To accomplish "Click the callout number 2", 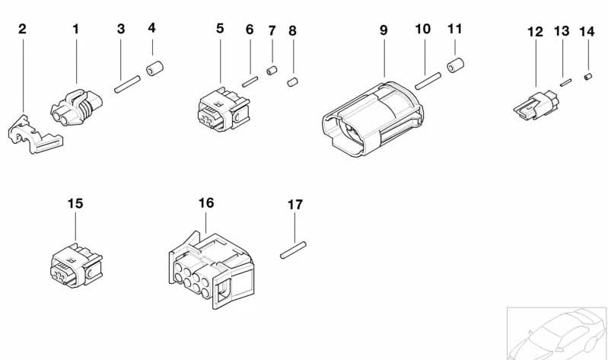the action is [23, 29].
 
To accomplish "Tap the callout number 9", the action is [384, 30].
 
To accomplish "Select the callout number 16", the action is [206, 203].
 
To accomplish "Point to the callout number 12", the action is [535, 32].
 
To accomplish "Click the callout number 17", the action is [294, 205].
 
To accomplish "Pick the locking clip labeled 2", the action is [35, 134].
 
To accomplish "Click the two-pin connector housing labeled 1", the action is [76, 107].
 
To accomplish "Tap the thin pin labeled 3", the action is [127, 84].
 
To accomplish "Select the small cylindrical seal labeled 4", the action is [154, 68].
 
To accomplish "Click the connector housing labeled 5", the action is [224, 110].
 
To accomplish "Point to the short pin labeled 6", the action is [250, 82].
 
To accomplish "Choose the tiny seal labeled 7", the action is [272, 71].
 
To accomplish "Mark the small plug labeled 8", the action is [292, 82].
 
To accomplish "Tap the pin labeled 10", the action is [428, 81].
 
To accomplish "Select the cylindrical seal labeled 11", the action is [456, 65].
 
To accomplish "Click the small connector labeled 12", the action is [536, 105].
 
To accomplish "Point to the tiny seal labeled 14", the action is [588, 77].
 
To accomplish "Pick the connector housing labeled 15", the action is [76, 266].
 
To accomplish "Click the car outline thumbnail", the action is [557, 333].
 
